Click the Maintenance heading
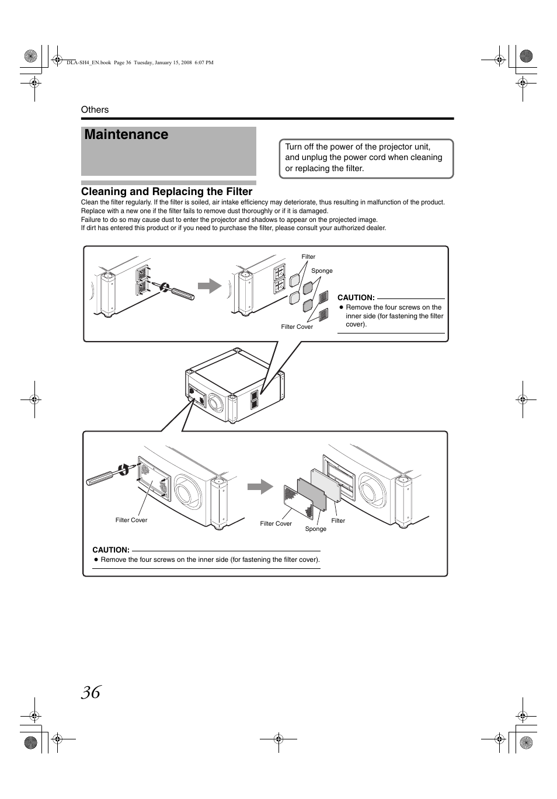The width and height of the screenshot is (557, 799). [126, 135]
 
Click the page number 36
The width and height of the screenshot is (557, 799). [91, 692]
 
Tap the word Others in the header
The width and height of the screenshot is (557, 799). [95, 110]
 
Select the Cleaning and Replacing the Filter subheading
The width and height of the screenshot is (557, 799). [166, 192]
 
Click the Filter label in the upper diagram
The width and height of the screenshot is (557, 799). [308, 257]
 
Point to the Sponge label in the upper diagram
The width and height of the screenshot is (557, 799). [322, 271]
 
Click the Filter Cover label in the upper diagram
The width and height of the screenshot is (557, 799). [297, 327]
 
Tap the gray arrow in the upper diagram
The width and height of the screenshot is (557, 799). [210, 286]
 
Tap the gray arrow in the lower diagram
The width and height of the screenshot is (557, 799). [260, 486]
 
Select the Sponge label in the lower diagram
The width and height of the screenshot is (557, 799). [316, 529]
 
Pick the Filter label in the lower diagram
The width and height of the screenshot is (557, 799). [338, 521]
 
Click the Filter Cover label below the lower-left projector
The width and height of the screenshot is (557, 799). [131, 520]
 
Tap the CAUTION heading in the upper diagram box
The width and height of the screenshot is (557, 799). [356, 298]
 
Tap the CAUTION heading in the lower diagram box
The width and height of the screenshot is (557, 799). [111, 550]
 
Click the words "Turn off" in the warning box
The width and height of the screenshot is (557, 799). [299, 147]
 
